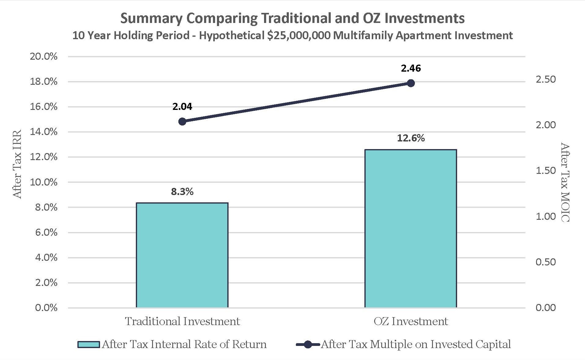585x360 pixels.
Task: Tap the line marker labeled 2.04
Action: click(x=182, y=122)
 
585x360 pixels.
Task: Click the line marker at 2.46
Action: click(x=411, y=83)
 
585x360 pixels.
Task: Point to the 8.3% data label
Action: click(x=182, y=192)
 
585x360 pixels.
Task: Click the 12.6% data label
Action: click(x=411, y=138)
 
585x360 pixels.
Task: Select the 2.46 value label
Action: click(x=411, y=68)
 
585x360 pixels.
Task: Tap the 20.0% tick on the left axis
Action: click(x=43, y=56)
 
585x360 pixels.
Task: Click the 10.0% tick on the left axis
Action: click(x=43, y=182)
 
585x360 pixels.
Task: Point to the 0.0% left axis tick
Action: click(x=46, y=308)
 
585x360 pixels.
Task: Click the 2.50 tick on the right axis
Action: click(x=546, y=79)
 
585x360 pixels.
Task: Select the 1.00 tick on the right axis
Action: click(x=546, y=216)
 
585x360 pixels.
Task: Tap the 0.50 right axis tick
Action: click(x=546, y=262)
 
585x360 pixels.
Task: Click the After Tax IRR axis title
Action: click(x=17, y=164)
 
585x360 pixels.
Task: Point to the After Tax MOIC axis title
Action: click(x=565, y=182)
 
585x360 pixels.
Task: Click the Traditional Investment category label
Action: click(x=182, y=321)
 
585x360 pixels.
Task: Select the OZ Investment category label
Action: click(x=411, y=321)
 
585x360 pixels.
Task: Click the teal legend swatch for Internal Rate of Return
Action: click(x=88, y=344)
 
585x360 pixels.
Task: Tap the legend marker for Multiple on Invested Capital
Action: click(x=308, y=344)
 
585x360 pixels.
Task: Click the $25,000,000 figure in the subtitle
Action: click(x=298, y=36)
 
